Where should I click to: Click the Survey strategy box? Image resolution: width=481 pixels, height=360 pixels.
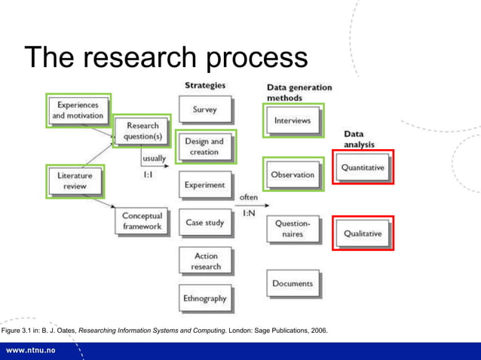pyautogui.click(x=205, y=110)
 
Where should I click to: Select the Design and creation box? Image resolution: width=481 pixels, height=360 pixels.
pyautogui.click(x=205, y=147)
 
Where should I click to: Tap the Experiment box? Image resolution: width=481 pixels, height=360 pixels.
pyautogui.click(x=205, y=185)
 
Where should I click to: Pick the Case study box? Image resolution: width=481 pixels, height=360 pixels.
pyautogui.click(x=205, y=223)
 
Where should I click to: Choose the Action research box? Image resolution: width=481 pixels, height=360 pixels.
pyautogui.click(x=205, y=261)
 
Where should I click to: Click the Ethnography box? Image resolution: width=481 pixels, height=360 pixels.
pyautogui.click(x=205, y=298)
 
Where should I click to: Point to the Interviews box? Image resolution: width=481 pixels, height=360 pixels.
pyautogui.click(x=292, y=121)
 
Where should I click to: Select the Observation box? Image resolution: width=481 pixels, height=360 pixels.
pyautogui.click(x=293, y=175)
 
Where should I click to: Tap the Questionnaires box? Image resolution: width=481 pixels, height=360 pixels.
pyautogui.click(x=293, y=229)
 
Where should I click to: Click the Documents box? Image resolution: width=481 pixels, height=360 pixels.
pyautogui.click(x=293, y=284)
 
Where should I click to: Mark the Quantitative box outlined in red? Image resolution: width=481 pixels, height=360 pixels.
pyautogui.click(x=363, y=168)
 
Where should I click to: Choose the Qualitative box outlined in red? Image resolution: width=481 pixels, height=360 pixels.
pyautogui.click(x=363, y=233)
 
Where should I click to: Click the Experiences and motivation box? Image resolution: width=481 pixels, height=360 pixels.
pyautogui.click(x=78, y=111)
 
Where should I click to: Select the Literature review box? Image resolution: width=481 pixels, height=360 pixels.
pyautogui.click(x=75, y=181)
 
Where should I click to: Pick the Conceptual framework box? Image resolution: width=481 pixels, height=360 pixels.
pyautogui.click(x=142, y=221)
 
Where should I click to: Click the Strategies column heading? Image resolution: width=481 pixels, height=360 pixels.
pyautogui.click(x=204, y=85)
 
